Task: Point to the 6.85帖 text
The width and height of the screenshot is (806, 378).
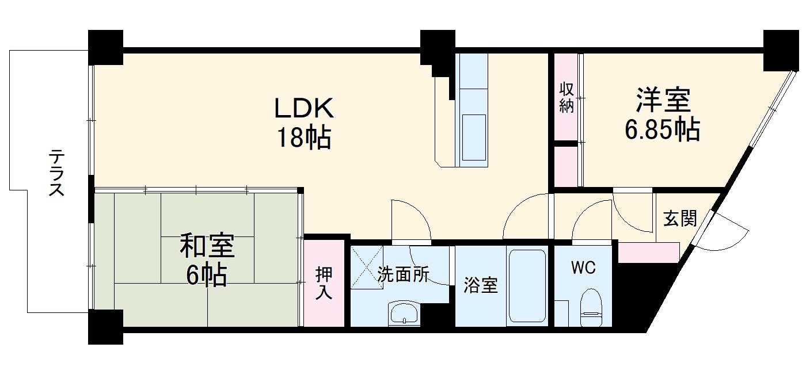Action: point(663,130)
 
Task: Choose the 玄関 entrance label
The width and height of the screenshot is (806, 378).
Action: point(680,218)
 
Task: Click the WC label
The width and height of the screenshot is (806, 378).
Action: point(583,268)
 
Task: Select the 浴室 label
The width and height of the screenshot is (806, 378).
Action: point(481,285)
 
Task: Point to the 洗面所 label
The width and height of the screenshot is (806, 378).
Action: point(403,275)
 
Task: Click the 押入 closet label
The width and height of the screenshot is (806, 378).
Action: point(324,284)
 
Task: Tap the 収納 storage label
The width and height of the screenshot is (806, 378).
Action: point(567,98)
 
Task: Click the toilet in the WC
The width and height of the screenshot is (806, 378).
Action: point(591,308)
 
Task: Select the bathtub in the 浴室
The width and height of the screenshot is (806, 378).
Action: point(526,287)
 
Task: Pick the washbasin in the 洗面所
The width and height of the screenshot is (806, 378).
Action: point(406,314)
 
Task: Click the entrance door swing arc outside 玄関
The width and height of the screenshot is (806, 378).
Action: point(730,233)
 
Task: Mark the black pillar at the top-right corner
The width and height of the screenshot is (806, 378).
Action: point(781,48)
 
